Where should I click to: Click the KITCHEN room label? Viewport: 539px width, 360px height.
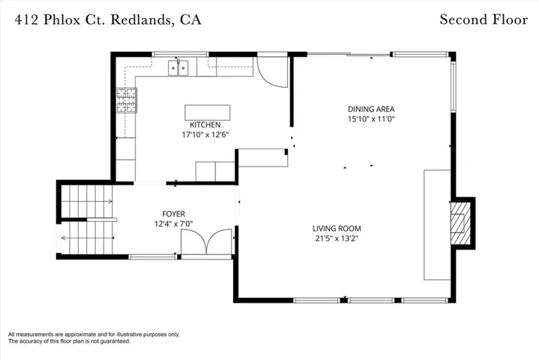click(205, 124)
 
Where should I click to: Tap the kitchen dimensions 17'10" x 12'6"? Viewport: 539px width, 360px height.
click(205, 134)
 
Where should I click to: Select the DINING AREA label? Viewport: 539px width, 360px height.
click(371, 109)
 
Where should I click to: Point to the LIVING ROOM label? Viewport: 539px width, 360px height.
click(337, 229)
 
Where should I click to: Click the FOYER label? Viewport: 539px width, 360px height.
click(174, 214)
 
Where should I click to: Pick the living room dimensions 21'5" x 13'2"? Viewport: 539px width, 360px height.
click(337, 238)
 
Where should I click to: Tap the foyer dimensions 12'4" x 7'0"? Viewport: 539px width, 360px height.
click(174, 223)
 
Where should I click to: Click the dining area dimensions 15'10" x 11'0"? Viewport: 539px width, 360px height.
click(371, 119)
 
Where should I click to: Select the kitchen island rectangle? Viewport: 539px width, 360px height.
click(208, 112)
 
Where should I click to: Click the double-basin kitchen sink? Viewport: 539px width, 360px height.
click(178, 67)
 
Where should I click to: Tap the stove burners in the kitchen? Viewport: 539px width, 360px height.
click(127, 100)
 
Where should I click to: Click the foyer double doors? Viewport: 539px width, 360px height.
click(206, 241)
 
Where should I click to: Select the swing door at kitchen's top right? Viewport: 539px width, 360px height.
click(273, 71)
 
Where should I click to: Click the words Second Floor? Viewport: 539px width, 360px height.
click(484, 19)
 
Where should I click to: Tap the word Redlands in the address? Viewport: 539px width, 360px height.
click(141, 20)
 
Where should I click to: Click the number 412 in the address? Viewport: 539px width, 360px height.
click(27, 20)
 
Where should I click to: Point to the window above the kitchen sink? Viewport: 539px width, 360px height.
click(180, 54)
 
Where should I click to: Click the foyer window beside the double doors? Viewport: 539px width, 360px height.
click(152, 256)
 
